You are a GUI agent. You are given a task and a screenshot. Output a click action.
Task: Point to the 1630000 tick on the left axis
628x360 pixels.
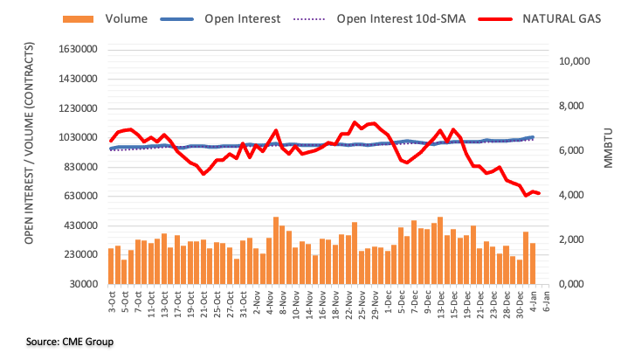click(75, 50)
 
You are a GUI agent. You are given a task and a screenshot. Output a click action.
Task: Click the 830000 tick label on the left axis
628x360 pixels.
click(78, 167)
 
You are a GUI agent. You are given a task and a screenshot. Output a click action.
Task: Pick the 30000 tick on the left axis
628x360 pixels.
click(81, 284)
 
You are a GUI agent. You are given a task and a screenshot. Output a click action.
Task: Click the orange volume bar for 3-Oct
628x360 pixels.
click(111, 267)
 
